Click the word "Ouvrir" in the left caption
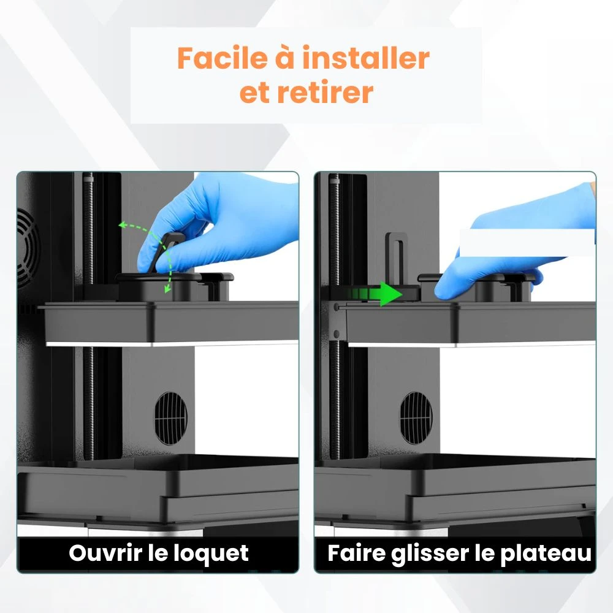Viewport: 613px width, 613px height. coord(105,553)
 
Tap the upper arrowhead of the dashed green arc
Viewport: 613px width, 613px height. coord(123,226)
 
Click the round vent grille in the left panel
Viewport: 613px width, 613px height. coord(170,417)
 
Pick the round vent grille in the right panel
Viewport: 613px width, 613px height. coord(416,417)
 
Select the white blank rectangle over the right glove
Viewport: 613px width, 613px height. coord(526,243)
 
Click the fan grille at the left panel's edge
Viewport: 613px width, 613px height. coord(28,245)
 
